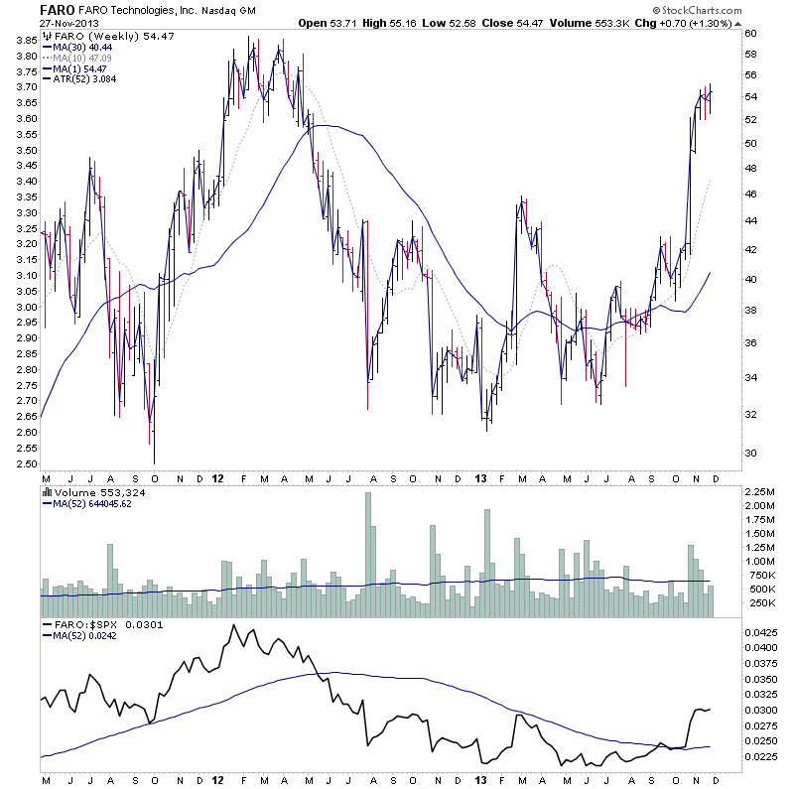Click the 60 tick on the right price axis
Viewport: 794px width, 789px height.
pyautogui.click(x=751, y=33)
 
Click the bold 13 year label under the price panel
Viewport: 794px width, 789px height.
pyautogui.click(x=480, y=477)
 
